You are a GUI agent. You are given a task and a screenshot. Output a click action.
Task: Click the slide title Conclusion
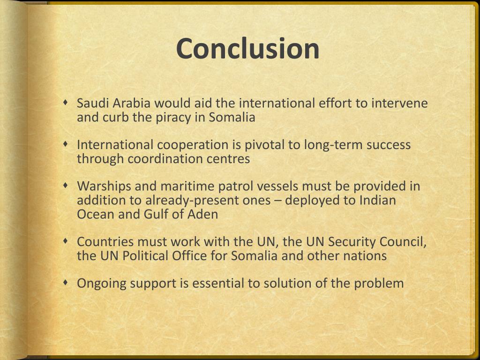pos(248,49)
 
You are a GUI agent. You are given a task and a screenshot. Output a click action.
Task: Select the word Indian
pos(377,201)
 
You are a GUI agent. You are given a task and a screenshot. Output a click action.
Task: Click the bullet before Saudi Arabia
pos(67,102)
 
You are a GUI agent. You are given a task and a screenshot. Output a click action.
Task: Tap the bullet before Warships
pos(67,185)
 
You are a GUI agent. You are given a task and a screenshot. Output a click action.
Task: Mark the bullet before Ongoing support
pos(67,282)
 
